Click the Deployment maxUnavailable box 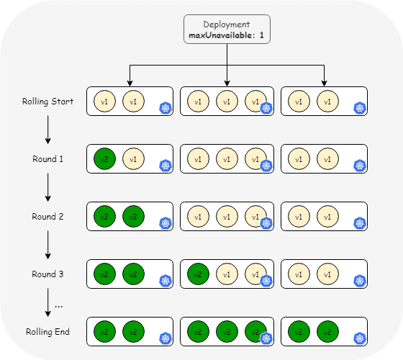click(x=227, y=29)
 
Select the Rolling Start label click(x=47, y=102)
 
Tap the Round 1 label click(x=47, y=159)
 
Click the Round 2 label click(x=47, y=217)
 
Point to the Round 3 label click(x=47, y=274)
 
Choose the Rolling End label click(x=47, y=332)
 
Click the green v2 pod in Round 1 click(x=104, y=159)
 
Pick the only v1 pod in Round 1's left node click(x=133, y=159)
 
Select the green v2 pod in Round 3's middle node click(x=198, y=274)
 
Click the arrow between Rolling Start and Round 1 click(x=47, y=130)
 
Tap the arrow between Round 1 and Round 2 click(x=47, y=187)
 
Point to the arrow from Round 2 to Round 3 click(x=47, y=245)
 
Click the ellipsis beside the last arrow click(x=59, y=306)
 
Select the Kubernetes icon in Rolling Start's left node click(x=166, y=108)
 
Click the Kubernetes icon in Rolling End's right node click(x=360, y=338)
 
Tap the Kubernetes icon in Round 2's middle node click(x=266, y=223)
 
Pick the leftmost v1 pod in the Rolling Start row click(x=104, y=102)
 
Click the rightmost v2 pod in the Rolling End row click(x=327, y=332)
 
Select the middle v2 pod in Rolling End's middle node click(x=227, y=332)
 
